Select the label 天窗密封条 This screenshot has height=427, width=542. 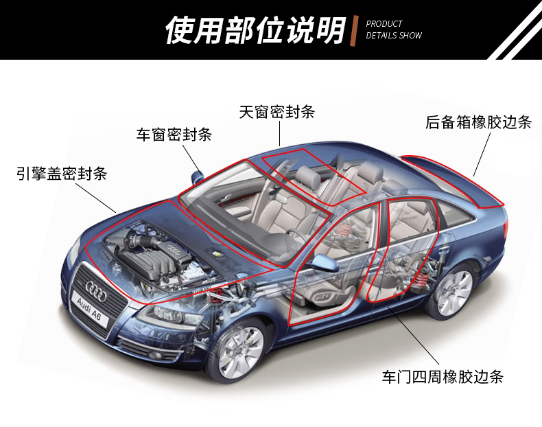(x=281, y=112)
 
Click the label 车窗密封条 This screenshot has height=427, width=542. (x=174, y=135)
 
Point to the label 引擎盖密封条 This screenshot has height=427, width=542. (x=62, y=172)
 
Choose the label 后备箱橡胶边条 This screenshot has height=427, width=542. (x=478, y=122)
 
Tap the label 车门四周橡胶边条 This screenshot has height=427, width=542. (x=443, y=376)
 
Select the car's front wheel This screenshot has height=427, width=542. (x=239, y=351)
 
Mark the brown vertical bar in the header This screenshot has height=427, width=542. (x=355, y=31)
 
